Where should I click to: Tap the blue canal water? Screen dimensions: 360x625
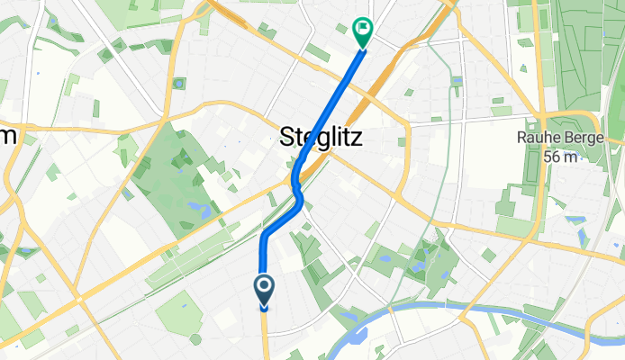[x=468, y=310]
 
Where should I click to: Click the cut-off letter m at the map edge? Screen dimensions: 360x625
[x=9, y=135]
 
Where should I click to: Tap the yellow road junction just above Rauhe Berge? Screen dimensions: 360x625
[x=540, y=115]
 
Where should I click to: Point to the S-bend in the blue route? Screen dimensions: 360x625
[x=297, y=184]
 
